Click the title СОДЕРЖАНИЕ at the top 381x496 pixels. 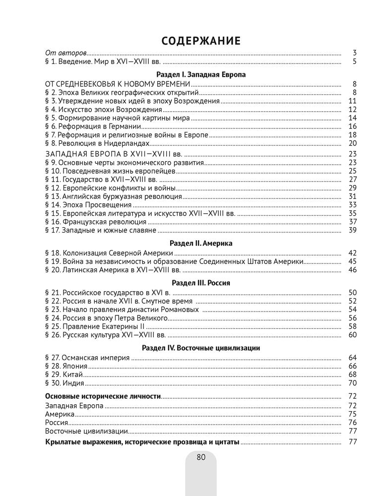201,40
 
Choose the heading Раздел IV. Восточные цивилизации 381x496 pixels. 201,348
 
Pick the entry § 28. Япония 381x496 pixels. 67,366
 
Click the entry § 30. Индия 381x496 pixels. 65,383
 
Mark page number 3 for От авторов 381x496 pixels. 355,53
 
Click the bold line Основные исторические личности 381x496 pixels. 103,396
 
